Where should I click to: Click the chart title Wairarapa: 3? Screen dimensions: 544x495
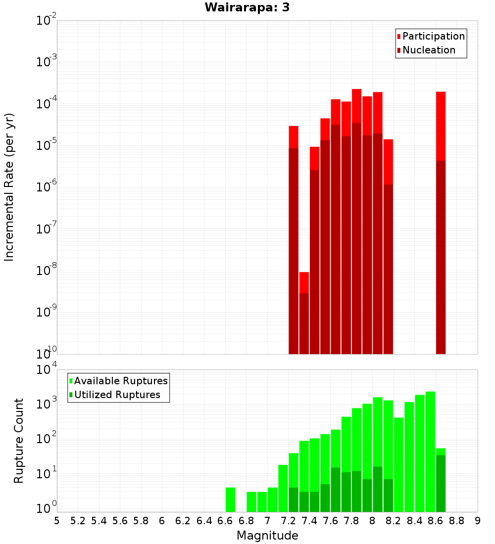tap(247, 7)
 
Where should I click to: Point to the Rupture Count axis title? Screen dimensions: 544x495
tap(19, 440)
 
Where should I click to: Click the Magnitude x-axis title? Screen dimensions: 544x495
tap(267, 536)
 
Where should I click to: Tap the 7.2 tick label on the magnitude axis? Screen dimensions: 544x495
tap(288, 521)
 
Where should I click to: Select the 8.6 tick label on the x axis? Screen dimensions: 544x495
tap(436, 521)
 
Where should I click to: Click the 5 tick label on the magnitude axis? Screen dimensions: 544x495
tap(57, 521)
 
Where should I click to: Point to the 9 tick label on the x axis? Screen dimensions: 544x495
tap(478, 521)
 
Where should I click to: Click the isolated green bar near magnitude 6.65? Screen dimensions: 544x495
tap(230, 499)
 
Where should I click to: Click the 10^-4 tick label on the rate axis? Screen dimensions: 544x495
tap(46, 104)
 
